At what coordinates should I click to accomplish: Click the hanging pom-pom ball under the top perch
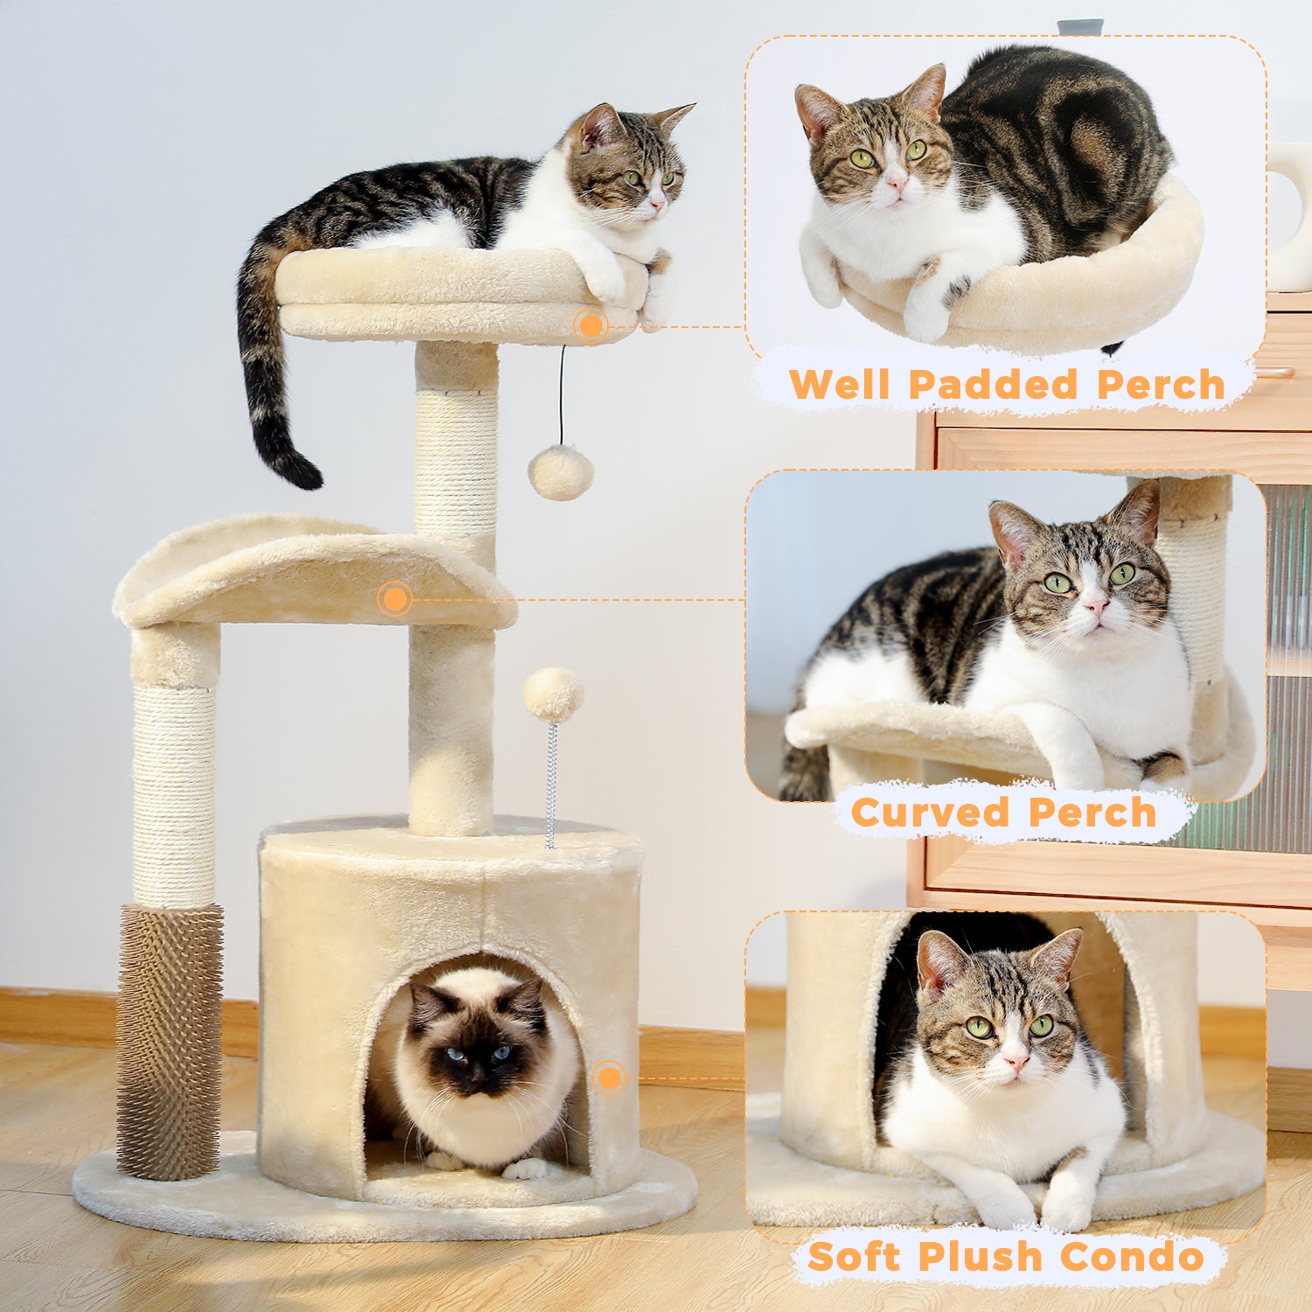click(561, 472)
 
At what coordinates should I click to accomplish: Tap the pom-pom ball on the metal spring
click(554, 694)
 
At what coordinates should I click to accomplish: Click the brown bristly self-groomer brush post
click(170, 1041)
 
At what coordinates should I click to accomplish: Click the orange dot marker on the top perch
click(591, 325)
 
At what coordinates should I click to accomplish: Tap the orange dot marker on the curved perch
click(395, 599)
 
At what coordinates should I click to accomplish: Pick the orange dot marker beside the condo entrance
click(609, 1078)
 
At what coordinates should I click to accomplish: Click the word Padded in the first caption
click(994, 385)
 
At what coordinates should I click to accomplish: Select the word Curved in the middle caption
click(930, 813)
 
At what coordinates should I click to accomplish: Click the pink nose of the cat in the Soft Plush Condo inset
click(1016, 1062)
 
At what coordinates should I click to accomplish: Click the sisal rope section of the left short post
click(173, 796)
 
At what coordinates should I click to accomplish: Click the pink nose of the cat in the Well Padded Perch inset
click(897, 183)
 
